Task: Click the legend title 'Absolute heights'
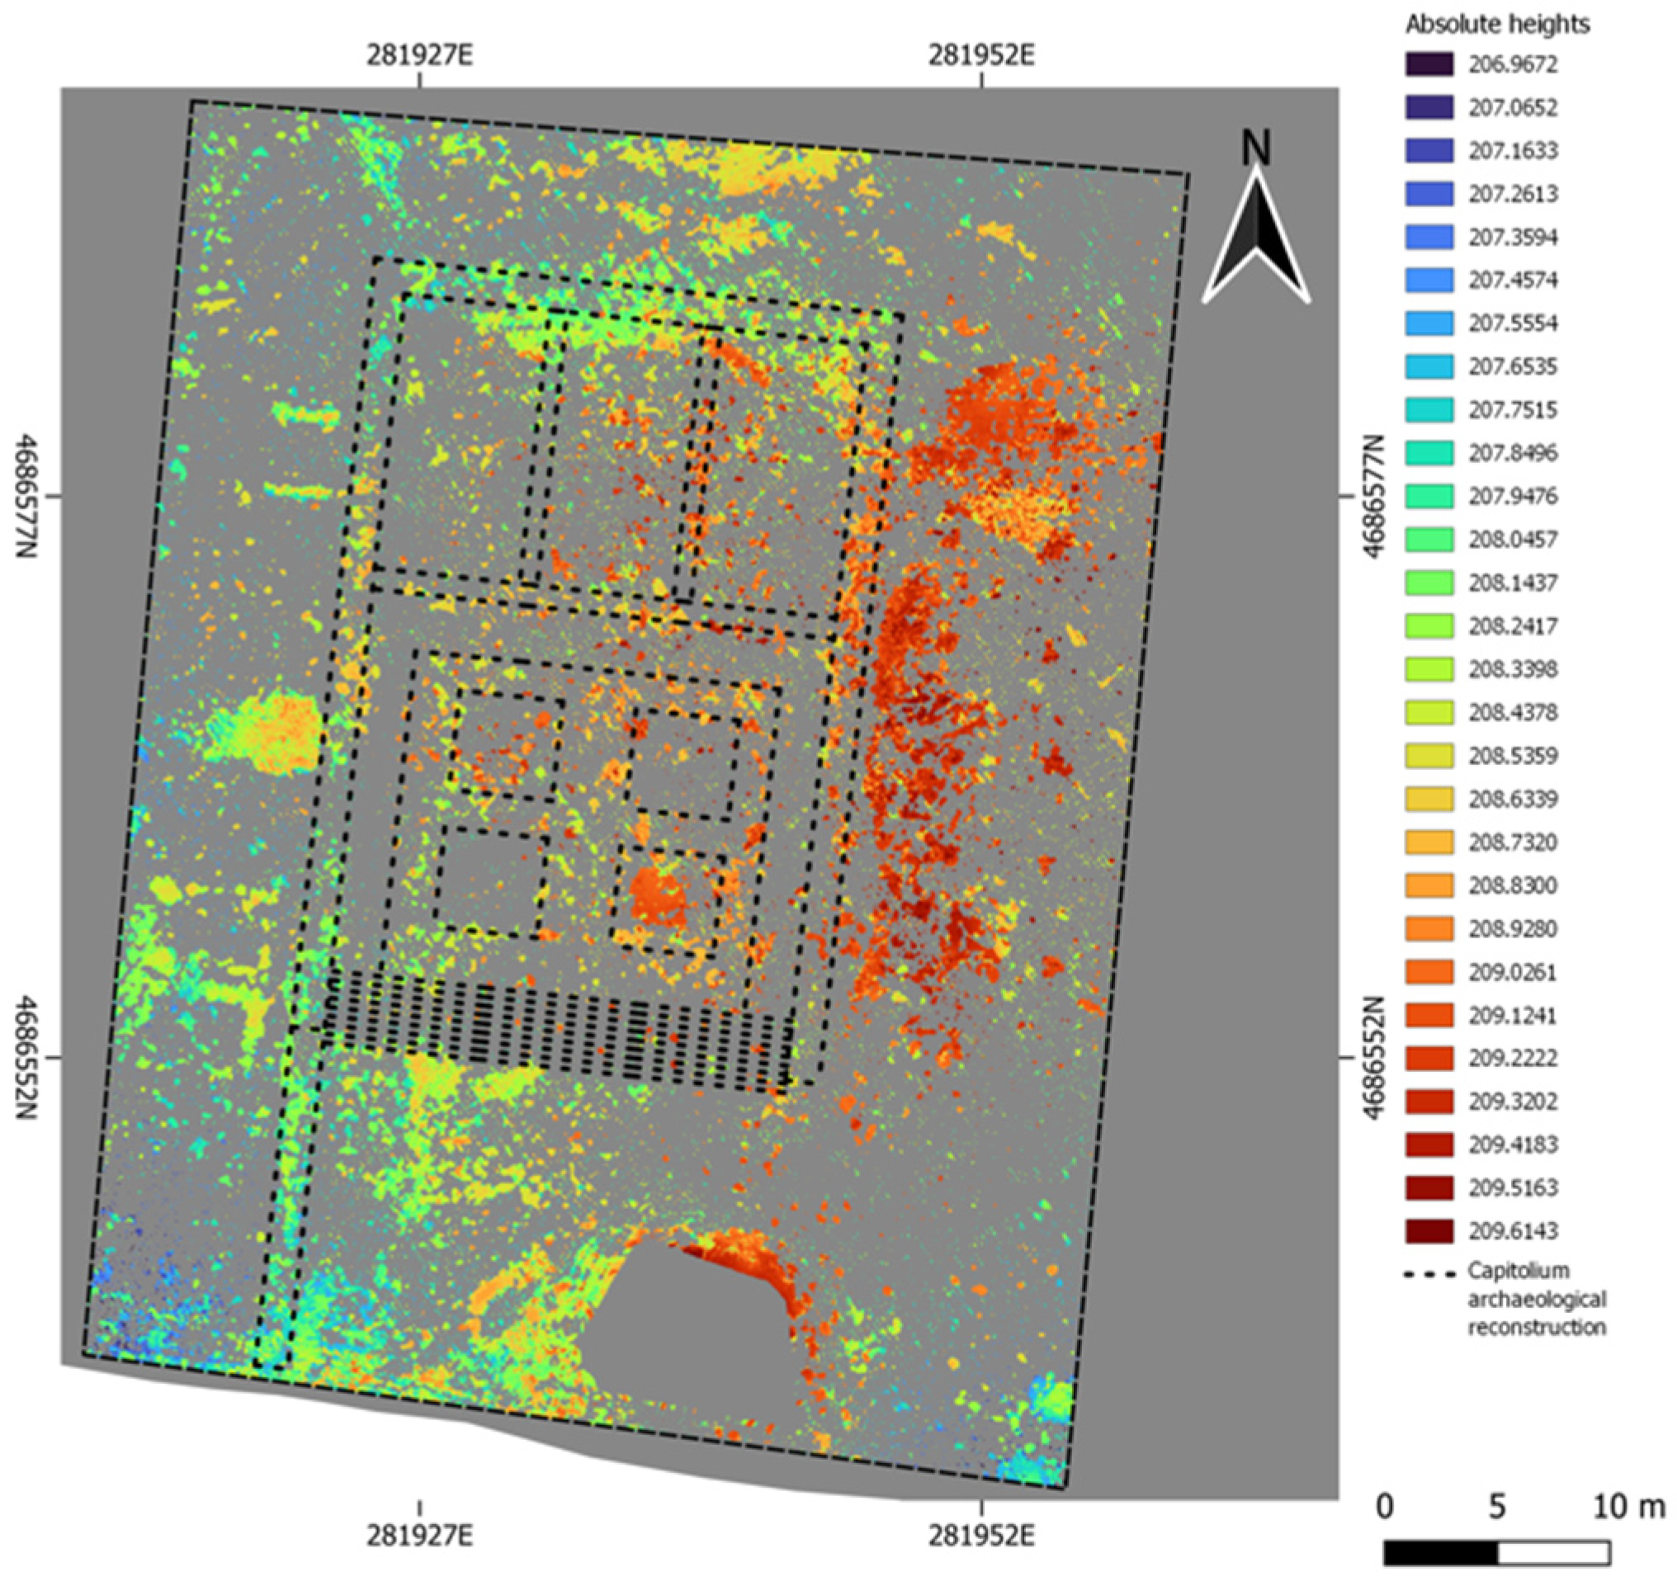pyautogui.click(x=1497, y=25)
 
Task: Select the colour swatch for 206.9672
pyautogui.click(x=1429, y=64)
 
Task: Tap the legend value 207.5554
pyautogui.click(x=1512, y=323)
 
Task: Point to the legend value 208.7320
pyautogui.click(x=1512, y=842)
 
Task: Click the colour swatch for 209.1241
pyautogui.click(x=1429, y=1014)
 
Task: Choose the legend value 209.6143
pyautogui.click(x=1512, y=1231)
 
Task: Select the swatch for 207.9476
pyautogui.click(x=1429, y=496)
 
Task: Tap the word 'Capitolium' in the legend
pyautogui.click(x=1519, y=1271)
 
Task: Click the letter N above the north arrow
pyautogui.click(x=1256, y=149)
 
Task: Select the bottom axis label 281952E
pyautogui.click(x=981, y=1536)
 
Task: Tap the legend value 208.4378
pyautogui.click(x=1512, y=713)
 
